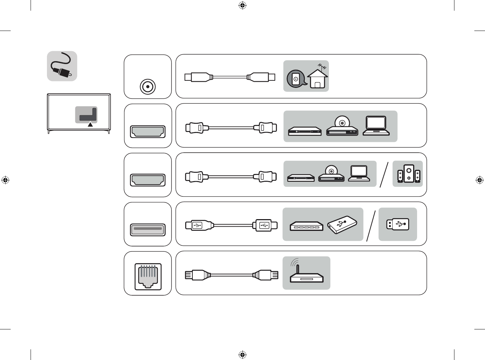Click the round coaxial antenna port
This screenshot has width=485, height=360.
pos(148,86)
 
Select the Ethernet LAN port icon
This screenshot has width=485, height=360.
pos(148,276)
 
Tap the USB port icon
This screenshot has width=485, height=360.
pos(148,229)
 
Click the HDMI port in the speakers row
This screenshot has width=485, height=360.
pos(148,180)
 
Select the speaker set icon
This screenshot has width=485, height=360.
pos(409,174)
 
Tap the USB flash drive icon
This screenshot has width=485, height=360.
pos(398,224)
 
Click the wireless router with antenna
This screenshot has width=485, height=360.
pos(306,274)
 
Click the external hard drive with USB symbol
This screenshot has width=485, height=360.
pos(342,224)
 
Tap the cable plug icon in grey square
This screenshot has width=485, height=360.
pos(62,66)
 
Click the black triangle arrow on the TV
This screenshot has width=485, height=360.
pos(90,125)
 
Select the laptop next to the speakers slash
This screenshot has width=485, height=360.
pos(359,173)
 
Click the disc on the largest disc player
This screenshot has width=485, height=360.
pos(342,122)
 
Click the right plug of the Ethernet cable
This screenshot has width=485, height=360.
pos(266,275)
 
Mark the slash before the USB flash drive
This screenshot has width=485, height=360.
pos(371,226)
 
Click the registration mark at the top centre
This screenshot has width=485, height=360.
pos(242,5)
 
